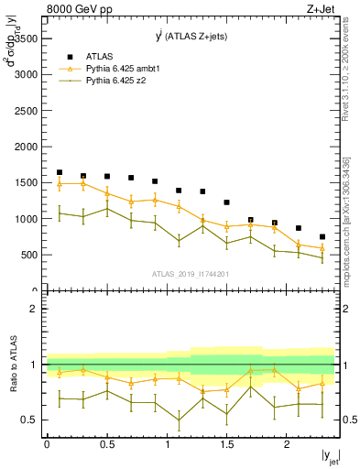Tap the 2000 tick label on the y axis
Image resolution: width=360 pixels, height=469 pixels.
click(26, 147)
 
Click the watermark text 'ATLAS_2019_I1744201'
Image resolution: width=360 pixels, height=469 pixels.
click(191, 274)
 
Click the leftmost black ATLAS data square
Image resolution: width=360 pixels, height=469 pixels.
click(60, 172)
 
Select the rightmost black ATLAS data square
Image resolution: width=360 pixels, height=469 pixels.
click(322, 236)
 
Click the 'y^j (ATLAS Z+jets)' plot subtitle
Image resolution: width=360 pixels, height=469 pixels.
click(191, 36)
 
